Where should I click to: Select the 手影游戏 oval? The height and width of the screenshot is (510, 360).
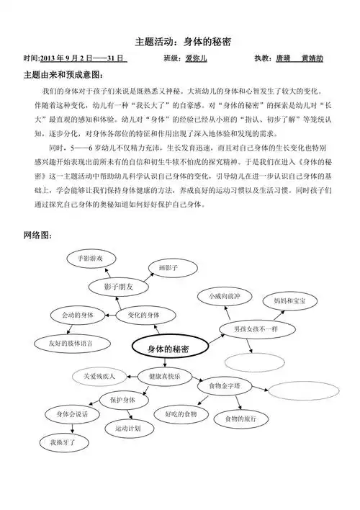[x=91, y=258]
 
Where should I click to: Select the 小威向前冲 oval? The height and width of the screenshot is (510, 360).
[x=221, y=296]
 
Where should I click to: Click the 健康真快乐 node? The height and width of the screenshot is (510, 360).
[x=165, y=376]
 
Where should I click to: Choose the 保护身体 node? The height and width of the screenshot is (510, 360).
[x=123, y=400]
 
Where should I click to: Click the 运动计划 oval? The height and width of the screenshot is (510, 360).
[x=128, y=428]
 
